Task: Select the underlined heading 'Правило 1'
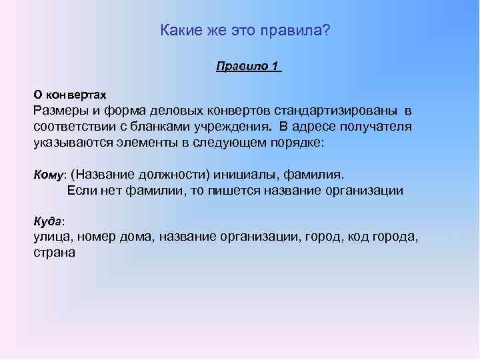pos(247,67)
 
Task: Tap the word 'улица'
pos(53,237)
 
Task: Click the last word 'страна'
pos(55,253)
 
